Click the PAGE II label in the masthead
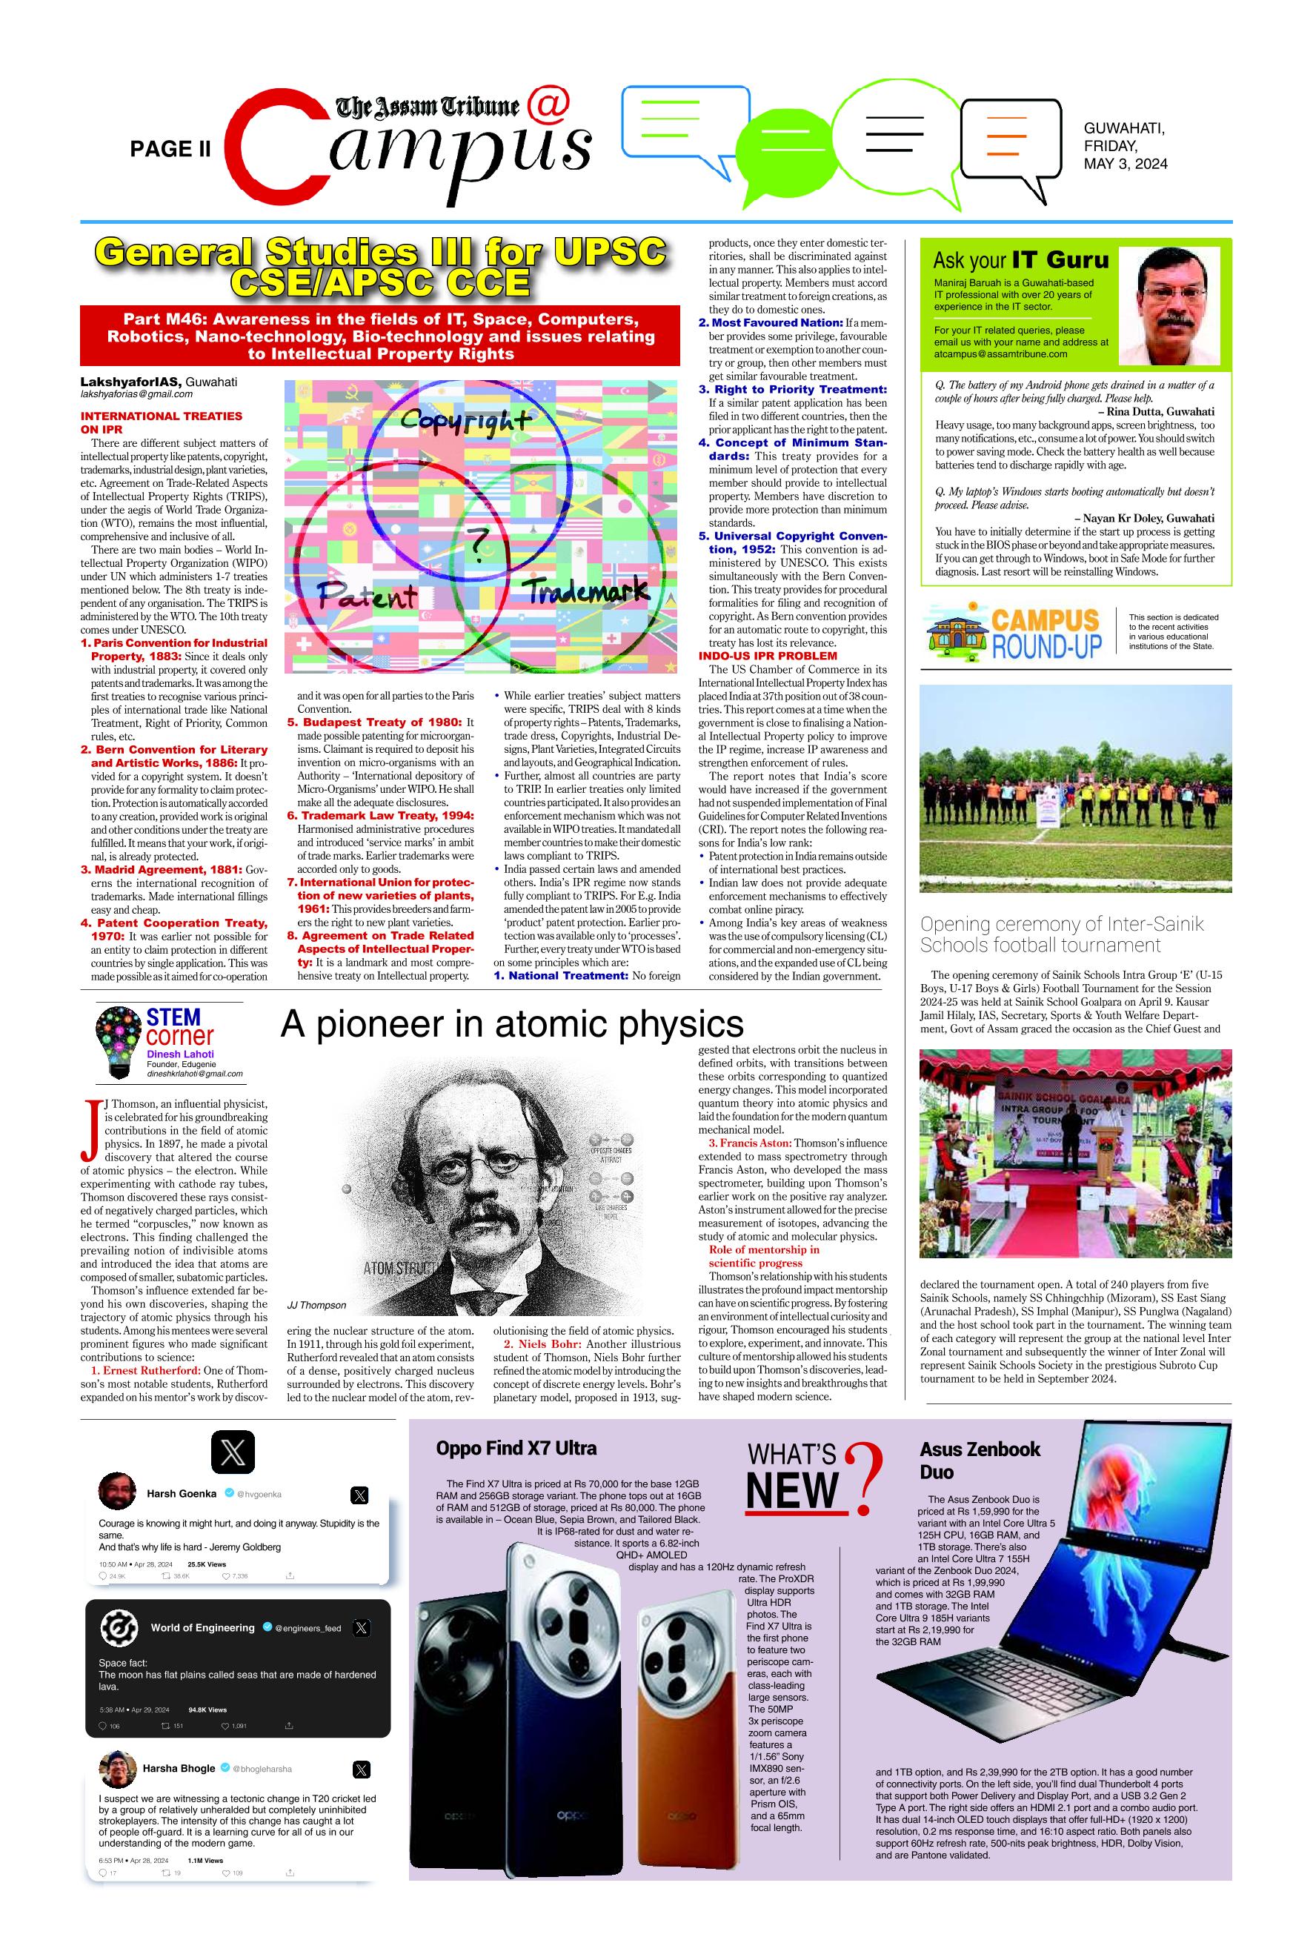170,149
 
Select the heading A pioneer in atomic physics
511,1024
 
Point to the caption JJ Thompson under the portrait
316,1305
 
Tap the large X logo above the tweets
233,1452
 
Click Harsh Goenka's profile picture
117,1493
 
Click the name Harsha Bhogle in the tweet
179,1768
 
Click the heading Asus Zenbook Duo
979,1459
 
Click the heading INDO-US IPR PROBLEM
767,656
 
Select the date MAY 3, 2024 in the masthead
1125,164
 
